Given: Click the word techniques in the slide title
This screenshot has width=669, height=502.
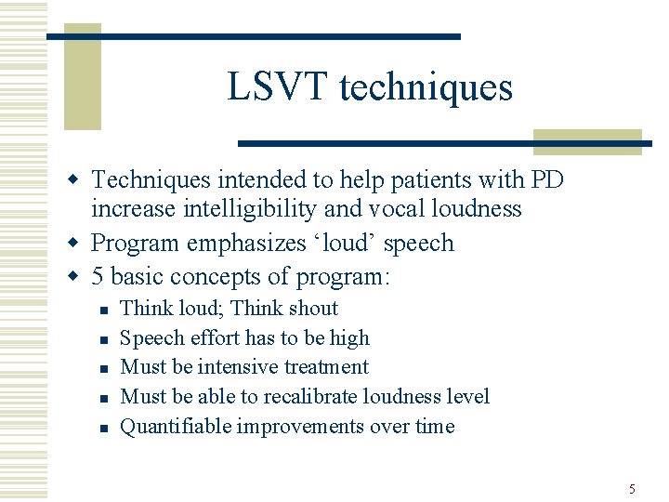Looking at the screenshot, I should tap(426, 87).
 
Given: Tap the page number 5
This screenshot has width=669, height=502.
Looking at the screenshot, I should tap(632, 488).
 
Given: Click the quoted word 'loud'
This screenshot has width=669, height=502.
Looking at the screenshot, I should tap(336, 243).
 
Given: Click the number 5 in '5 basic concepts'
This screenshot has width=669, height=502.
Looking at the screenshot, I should tap(98, 276).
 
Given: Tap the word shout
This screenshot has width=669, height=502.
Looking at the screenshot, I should tap(313, 308).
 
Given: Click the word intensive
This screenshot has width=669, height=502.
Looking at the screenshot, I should tap(250, 367).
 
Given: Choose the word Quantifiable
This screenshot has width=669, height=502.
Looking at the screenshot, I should tap(176, 427).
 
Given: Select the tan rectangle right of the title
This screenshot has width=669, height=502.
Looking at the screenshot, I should tap(587, 140).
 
